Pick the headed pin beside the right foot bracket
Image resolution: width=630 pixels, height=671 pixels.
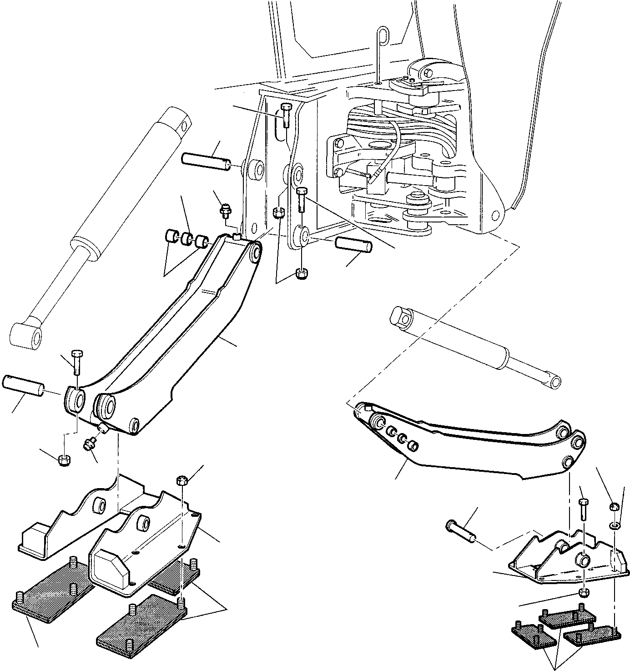pyautogui.click(x=460, y=530)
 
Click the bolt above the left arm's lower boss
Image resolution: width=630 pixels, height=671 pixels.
pyautogui.click(x=76, y=362)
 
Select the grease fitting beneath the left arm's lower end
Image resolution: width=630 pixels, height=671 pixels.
pyautogui.click(x=89, y=443)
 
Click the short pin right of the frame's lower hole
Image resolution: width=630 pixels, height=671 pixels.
pyautogui.click(x=353, y=244)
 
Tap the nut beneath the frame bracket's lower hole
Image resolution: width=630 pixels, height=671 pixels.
pyautogui.click(x=300, y=274)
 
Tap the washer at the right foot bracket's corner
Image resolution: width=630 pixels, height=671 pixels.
pyautogui.click(x=614, y=526)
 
